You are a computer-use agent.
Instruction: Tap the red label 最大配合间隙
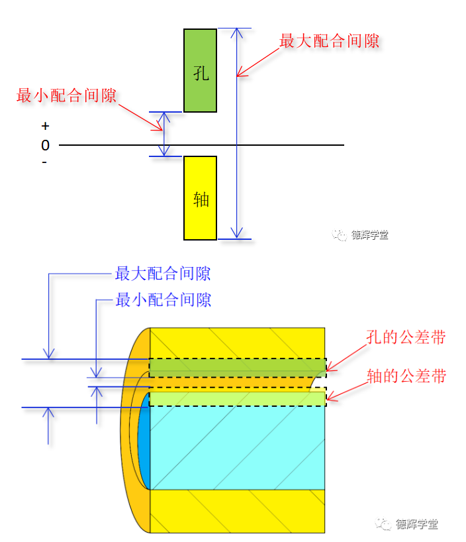pos(329,41)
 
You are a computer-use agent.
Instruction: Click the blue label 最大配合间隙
pos(163,273)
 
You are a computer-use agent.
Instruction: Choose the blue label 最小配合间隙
pos(163,299)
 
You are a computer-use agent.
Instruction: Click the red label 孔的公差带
pos(406,337)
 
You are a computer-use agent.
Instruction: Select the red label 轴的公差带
pos(406,376)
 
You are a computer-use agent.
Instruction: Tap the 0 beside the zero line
pos(45,145)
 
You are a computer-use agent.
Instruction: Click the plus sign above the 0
pos(45,126)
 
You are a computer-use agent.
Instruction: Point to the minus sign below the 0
pos(44,162)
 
